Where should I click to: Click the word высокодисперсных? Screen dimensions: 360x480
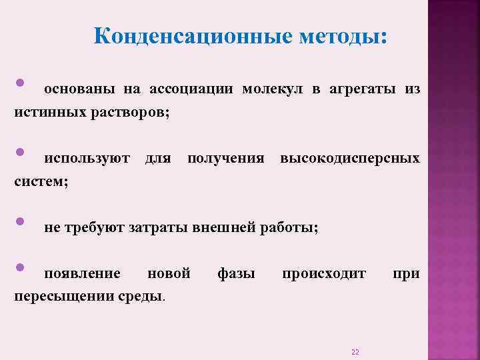350,159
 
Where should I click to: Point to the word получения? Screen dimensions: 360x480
226,159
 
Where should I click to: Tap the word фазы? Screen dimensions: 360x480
236,274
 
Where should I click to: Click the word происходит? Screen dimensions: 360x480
324,274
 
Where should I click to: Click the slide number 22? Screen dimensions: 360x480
355,351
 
